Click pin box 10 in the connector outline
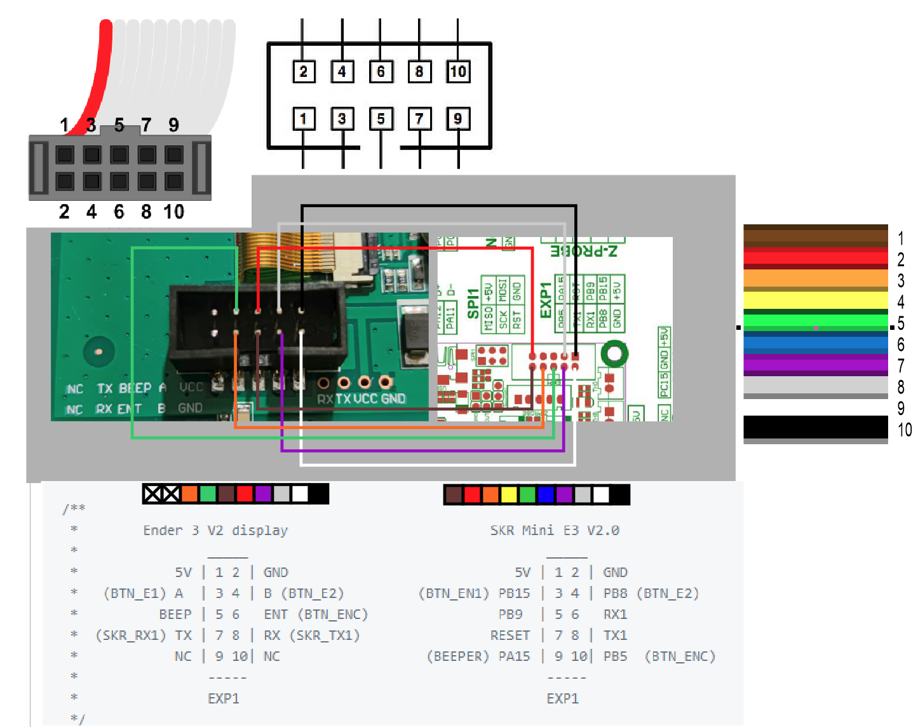click(x=457, y=71)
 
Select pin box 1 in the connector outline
click(x=304, y=119)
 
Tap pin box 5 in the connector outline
click(x=381, y=119)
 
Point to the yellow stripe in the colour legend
click(x=815, y=300)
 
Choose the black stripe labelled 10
click(x=815, y=426)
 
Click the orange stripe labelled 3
click(x=815, y=278)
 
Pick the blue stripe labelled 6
click(x=815, y=344)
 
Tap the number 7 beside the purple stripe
click(x=901, y=365)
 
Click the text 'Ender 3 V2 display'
click(x=215, y=531)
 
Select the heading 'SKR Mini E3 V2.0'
click(x=555, y=531)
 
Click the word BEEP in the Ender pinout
click(x=175, y=615)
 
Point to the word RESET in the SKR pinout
click(x=510, y=635)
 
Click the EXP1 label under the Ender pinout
click(x=224, y=698)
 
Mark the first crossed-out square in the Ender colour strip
click(x=152, y=494)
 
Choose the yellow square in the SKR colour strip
click(x=509, y=494)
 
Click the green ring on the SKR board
click(x=614, y=353)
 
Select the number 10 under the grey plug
click(x=173, y=212)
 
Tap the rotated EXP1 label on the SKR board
click(x=546, y=300)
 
